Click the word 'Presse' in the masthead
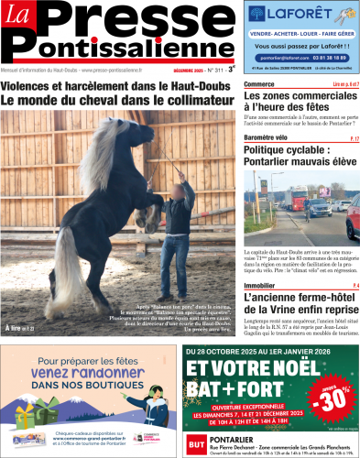137,20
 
